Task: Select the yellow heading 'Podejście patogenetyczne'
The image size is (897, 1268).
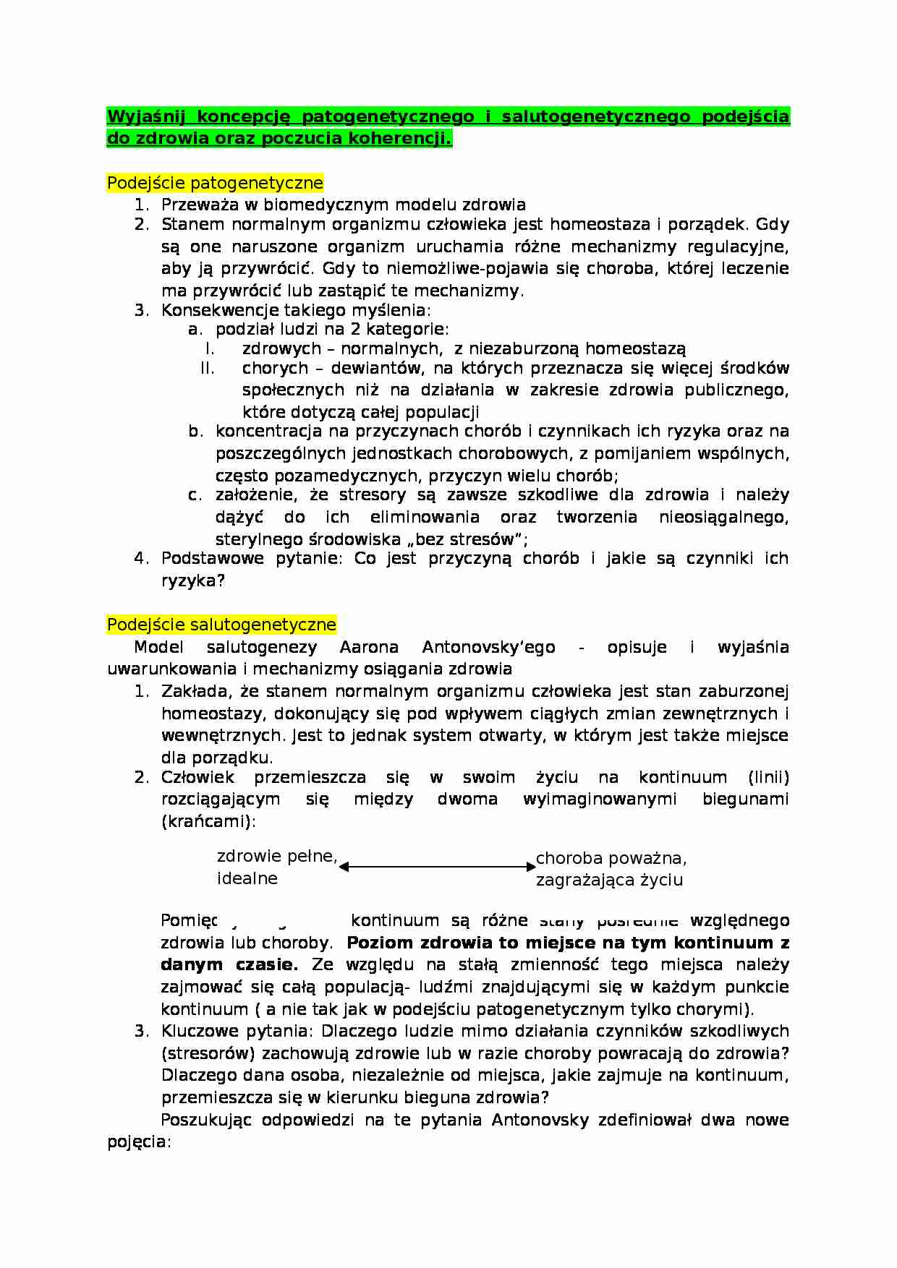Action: [x=215, y=183]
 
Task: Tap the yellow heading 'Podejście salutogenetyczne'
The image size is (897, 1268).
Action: [x=221, y=625]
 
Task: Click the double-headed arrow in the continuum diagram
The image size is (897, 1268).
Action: [x=436, y=866]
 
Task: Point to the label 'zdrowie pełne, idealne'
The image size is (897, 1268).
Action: [x=277, y=867]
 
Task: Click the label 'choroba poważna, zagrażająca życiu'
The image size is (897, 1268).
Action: [x=611, y=869]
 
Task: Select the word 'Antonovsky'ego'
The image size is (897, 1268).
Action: [x=488, y=647]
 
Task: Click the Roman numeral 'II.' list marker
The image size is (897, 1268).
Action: [x=208, y=368]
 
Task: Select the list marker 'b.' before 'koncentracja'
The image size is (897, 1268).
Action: [x=195, y=432]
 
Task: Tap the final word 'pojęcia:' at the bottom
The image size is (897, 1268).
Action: [x=139, y=1142]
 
